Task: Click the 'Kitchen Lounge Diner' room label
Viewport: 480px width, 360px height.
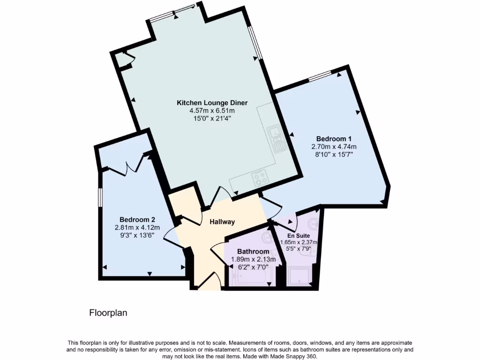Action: pyautogui.click(x=212, y=103)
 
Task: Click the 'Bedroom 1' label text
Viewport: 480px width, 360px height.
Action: pyautogui.click(x=334, y=138)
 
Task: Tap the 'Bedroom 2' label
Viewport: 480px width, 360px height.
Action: pyautogui.click(x=137, y=219)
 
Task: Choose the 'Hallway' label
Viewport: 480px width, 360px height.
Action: pyautogui.click(x=222, y=222)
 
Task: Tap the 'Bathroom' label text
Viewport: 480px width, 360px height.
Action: pyautogui.click(x=253, y=251)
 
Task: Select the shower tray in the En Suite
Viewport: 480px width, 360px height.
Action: pyautogui.click(x=299, y=277)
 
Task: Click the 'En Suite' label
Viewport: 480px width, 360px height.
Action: pyautogui.click(x=299, y=235)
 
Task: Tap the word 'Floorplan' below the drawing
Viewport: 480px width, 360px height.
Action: pyautogui.click(x=108, y=312)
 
